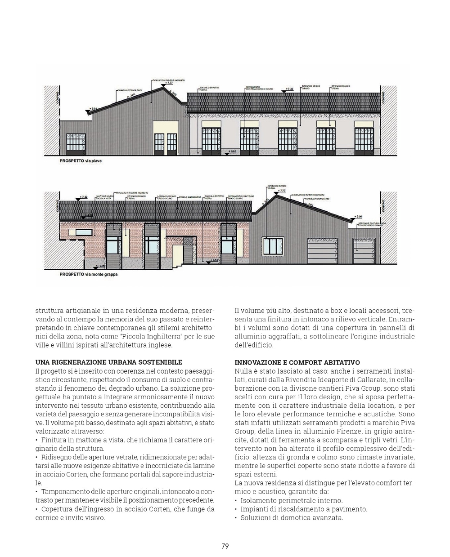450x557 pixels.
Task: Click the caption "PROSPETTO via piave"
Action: click(81, 160)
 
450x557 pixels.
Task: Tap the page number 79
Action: click(225, 546)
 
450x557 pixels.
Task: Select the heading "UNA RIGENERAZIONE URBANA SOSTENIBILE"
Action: click(109, 362)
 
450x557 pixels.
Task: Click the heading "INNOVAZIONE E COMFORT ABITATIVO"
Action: click(297, 362)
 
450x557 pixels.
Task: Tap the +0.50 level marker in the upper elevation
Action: click(232, 152)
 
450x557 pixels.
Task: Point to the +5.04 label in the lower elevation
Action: click(359, 216)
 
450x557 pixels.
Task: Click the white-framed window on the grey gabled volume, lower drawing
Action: click(274, 245)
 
